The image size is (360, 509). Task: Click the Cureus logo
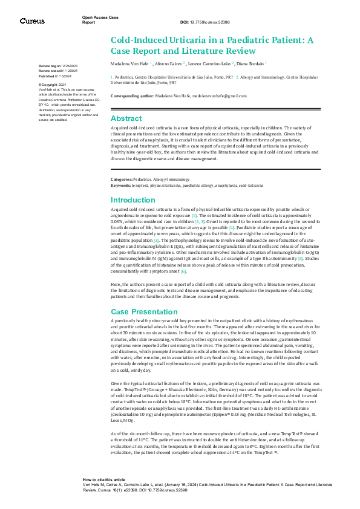32,21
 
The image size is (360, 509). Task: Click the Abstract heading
126,118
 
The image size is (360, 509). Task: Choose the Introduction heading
133,199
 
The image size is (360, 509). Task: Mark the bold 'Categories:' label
121,180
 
